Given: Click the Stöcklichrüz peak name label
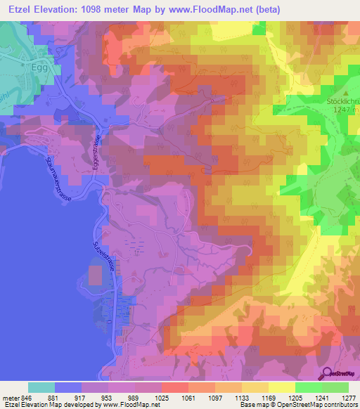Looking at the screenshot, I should point(343,100).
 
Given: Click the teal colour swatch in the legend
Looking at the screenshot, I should point(41,387).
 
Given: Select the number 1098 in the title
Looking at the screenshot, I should point(117,10).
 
